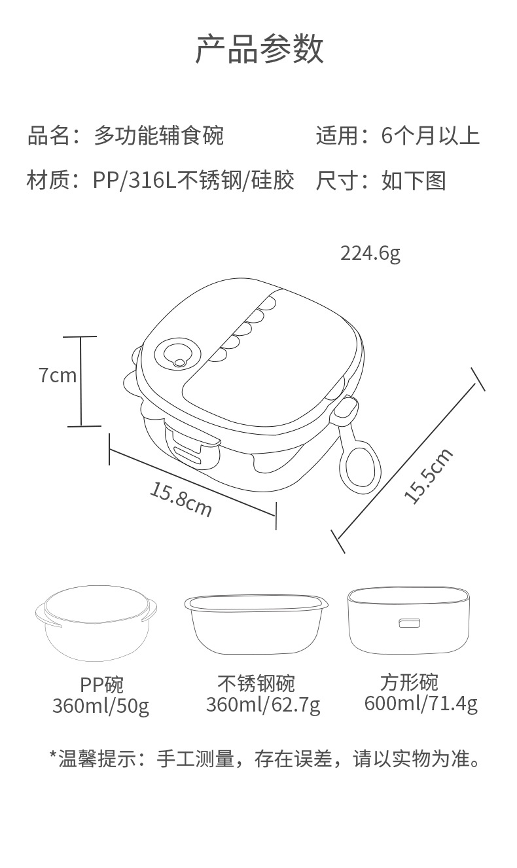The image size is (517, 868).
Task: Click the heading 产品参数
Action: pos(260,50)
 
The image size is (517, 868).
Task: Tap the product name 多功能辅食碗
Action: pos(159,136)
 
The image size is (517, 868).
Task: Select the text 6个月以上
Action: pos(430,136)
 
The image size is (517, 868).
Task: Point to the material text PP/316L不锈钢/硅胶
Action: pos(194,180)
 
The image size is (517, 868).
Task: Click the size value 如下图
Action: pos(414,180)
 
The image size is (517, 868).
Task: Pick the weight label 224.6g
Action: pos(370,253)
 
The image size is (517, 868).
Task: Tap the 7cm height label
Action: pos(57,375)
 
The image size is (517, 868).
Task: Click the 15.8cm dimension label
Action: pos(181,499)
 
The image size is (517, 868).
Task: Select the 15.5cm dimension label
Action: pos(429,476)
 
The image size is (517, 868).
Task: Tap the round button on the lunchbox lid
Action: pos(178,355)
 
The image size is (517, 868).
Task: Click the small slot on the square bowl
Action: pos(410,623)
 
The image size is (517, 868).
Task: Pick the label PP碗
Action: pos(101,685)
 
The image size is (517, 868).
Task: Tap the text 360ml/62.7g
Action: pos(263,705)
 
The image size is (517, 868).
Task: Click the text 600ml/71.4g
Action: pos(421,704)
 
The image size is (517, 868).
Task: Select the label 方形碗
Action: pos(409,682)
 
